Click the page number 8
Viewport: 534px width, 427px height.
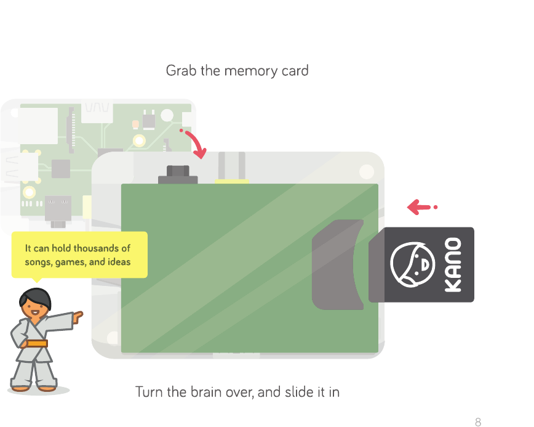pos(478,422)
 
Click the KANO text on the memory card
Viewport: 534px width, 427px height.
pos(453,265)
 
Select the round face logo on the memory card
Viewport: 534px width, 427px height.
pos(412,265)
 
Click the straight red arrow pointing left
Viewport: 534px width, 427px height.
pos(421,208)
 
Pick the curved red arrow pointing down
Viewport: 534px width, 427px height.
pos(195,142)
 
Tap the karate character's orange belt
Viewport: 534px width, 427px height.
pos(37,343)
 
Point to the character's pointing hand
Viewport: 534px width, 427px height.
pos(78,318)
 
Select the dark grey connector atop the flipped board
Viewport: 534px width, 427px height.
pos(178,176)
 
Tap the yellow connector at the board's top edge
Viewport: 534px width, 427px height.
pos(232,181)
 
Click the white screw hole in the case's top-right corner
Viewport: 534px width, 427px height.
pos(367,171)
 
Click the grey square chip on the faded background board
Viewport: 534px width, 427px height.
pos(61,168)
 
